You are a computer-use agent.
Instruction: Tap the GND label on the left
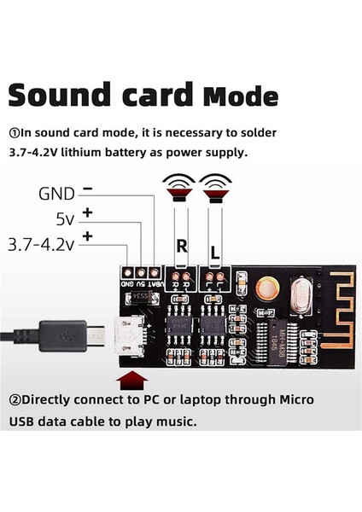tap(56, 193)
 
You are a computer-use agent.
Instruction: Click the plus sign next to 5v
tap(87, 213)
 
